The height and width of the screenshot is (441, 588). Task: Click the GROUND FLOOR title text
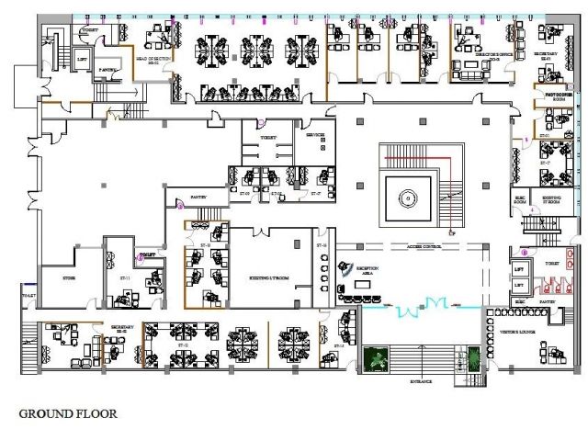(x=68, y=413)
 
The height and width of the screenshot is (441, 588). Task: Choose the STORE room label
(x=68, y=277)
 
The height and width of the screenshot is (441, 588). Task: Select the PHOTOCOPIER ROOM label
(x=559, y=96)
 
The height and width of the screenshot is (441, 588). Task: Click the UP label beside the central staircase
(x=451, y=233)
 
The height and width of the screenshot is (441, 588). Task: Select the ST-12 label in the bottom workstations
(x=184, y=345)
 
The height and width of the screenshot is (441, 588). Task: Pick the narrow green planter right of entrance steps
(x=474, y=357)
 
